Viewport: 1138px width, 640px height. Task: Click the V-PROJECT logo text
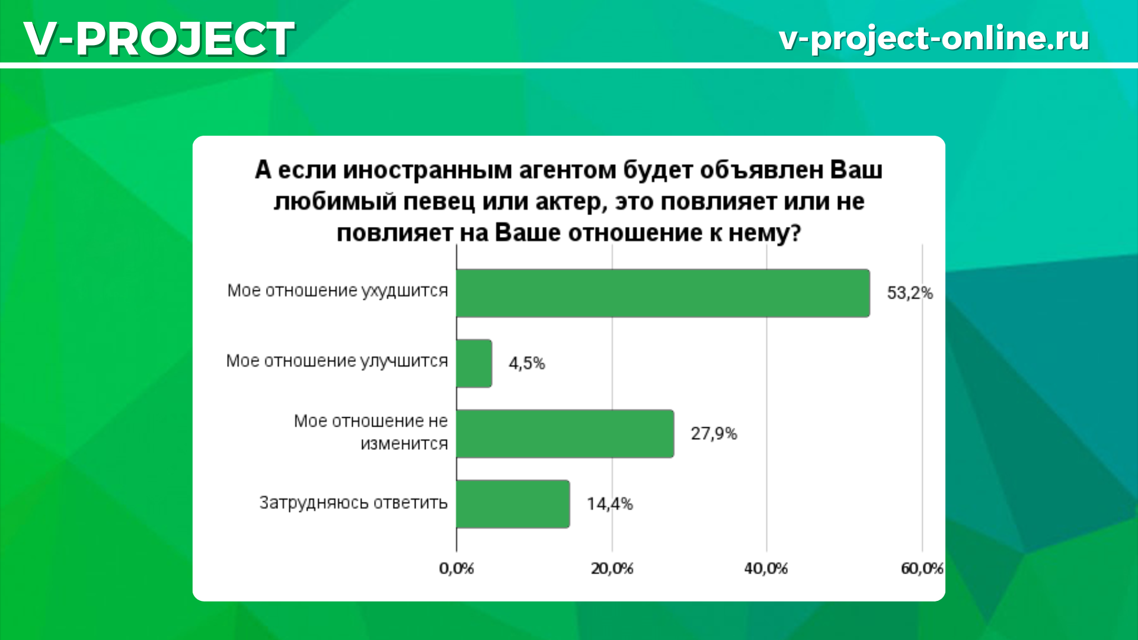(x=159, y=39)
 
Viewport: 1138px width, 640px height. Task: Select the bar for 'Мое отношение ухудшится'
(x=663, y=293)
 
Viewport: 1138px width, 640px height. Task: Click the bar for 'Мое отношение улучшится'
(x=474, y=363)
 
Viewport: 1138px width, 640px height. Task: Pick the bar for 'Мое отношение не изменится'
(x=565, y=434)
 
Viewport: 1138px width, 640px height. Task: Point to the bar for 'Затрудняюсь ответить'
(x=513, y=504)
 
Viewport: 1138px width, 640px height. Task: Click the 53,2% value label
(x=910, y=293)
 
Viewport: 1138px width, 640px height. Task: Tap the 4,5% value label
(x=527, y=363)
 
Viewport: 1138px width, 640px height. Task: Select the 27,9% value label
(x=714, y=434)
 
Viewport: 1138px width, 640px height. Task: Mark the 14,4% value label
(x=610, y=504)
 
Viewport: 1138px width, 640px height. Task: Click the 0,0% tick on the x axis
(x=456, y=569)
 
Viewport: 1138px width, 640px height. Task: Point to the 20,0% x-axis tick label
(x=612, y=569)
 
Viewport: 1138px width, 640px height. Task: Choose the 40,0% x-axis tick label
(x=766, y=569)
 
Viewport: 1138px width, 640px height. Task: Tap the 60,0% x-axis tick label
(x=922, y=569)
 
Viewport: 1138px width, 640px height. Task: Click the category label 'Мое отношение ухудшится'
(x=338, y=291)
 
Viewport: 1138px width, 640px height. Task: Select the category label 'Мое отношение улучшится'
(x=337, y=361)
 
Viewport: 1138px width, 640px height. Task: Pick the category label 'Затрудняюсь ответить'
(x=353, y=503)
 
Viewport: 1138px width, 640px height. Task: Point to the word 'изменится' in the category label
(x=404, y=444)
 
